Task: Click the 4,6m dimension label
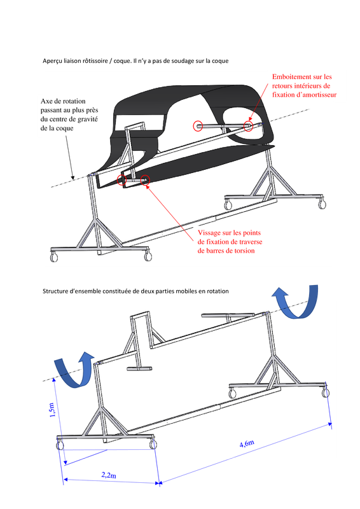click(247, 443)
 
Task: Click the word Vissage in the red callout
click(209, 233)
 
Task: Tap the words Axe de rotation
click(63, 101)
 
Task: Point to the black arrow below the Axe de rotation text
click(70, 157)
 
